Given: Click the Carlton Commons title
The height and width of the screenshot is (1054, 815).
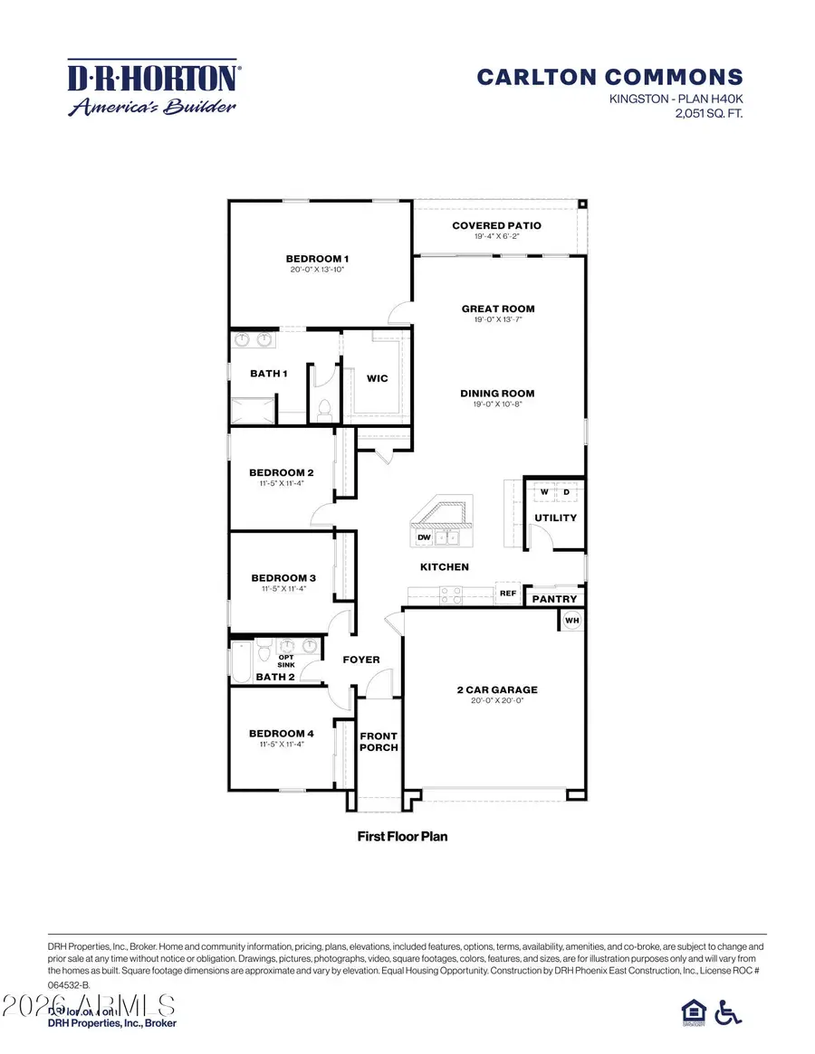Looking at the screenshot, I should pos(609,78).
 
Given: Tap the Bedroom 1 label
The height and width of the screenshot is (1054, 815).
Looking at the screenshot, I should pos(317,259).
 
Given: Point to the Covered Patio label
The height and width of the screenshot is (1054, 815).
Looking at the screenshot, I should pos(496,225).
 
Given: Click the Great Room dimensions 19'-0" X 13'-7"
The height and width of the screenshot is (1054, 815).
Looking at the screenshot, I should pos(497,319).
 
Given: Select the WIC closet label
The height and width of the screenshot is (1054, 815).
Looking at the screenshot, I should pos(378,378).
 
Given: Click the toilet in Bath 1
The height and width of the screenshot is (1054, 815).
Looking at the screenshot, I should pos(321,407).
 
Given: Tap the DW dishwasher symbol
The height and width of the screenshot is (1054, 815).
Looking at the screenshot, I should pos(423,537).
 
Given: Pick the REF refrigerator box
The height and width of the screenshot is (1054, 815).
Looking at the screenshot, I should pos(507,594).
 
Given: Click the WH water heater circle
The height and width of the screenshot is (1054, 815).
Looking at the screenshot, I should pos(571,620).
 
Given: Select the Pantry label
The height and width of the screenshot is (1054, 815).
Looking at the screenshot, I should pos(553,599).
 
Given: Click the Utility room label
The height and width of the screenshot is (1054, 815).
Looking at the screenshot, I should pos(555,518).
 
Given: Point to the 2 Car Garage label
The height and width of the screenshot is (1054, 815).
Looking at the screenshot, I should pos(497,689).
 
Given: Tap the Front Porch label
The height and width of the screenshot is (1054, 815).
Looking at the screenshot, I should pos(379,741).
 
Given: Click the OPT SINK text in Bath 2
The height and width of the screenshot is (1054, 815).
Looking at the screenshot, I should pos(286,660).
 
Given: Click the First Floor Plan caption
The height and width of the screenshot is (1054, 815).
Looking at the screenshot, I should pos(402,836).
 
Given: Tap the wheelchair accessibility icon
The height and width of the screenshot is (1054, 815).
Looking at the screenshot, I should pos(727,1011).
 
